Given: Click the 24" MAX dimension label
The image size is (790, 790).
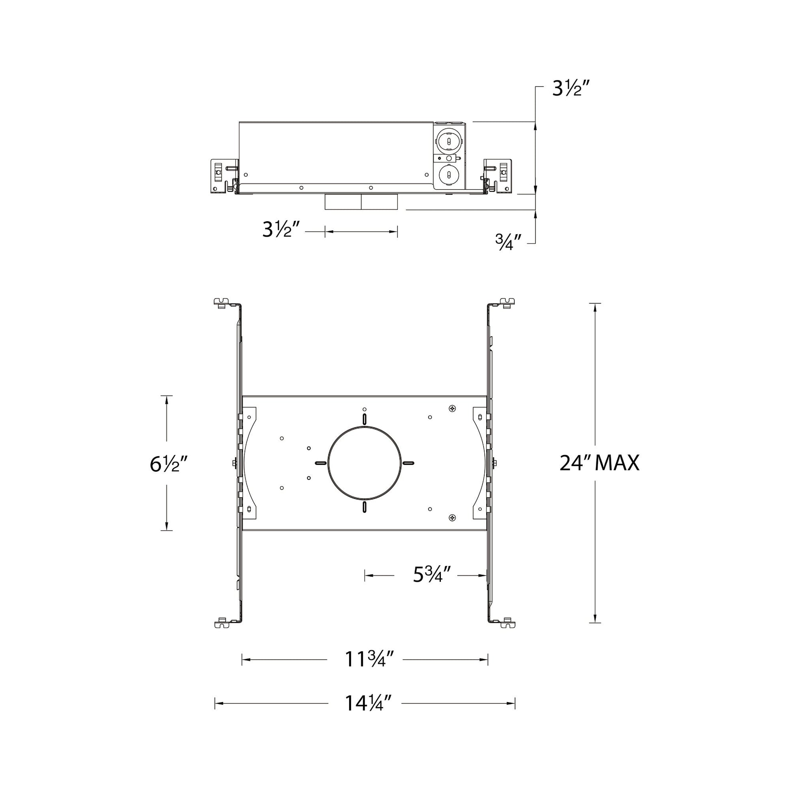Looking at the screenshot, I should (x=599, y=463).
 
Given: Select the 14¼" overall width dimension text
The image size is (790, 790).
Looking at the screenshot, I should (x=364, y=703).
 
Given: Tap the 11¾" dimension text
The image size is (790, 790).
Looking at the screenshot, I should (x=365, y=659).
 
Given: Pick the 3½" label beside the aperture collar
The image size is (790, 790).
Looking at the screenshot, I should (x=282, y=229).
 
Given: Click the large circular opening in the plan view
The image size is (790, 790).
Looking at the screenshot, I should (x=365, y=463).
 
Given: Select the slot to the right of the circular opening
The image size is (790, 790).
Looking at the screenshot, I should (x=408, y=463).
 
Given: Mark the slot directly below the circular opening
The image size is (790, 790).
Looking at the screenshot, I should (x=364, y=507).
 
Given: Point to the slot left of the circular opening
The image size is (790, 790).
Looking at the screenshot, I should (x=321, y=463).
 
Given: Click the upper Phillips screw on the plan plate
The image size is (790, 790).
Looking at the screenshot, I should (x=452, y=408).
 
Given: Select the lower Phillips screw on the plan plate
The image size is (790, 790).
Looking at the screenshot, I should (x=452, y=518).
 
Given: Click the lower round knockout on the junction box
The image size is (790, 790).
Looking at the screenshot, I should (x=449, y=175).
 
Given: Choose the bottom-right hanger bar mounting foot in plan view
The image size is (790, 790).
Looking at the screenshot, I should (x=507, y=624).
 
